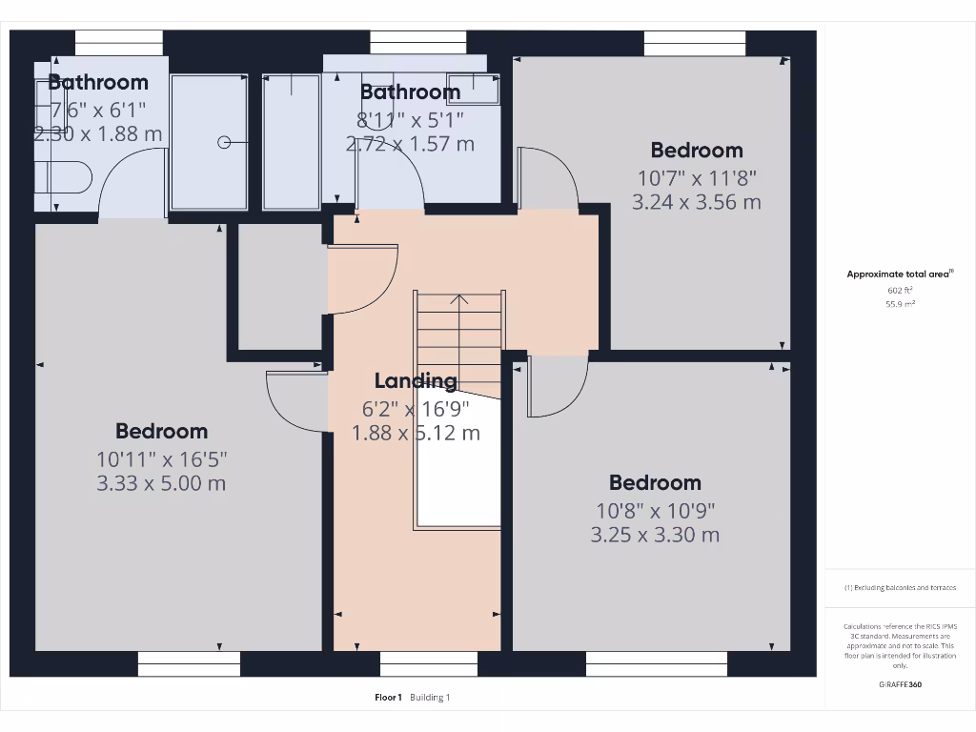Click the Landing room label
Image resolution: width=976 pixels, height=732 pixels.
416,381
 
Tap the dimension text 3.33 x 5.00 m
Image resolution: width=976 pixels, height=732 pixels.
161,483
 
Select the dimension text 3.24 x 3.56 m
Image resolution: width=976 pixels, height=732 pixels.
697,202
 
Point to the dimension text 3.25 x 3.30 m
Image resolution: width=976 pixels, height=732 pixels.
655,535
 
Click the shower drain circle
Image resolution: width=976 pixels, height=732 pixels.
224,143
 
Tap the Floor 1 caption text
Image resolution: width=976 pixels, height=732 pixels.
388,698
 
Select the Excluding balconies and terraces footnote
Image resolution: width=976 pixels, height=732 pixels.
899,588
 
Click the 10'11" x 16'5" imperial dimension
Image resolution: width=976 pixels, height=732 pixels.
161,458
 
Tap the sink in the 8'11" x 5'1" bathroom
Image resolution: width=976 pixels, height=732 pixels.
473,88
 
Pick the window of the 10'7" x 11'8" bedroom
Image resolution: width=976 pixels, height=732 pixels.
694,44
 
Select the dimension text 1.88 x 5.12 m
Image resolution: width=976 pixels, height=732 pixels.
416,433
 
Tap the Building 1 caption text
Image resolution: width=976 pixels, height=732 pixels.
430,698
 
